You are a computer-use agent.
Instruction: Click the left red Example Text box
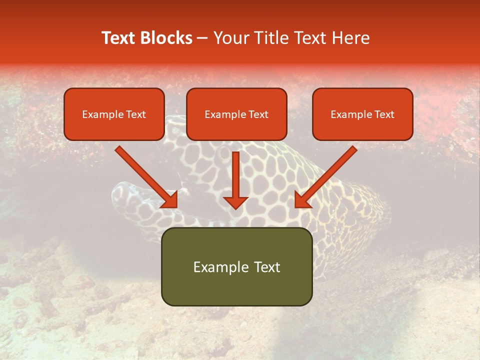[x=114, y=114]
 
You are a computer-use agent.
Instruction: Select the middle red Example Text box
[x=236, y=114]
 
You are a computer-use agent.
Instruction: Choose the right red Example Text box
[x=362, y=114]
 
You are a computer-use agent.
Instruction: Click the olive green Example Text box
[x=236, y=266]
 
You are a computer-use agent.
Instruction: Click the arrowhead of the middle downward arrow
[x=235, y=202]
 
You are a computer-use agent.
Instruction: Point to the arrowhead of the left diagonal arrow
[x=170, y=200]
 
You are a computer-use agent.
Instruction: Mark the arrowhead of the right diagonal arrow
[x=302, y=200]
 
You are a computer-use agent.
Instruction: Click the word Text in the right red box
[x=384, y=114]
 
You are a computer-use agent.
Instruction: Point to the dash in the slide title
[x=202, y=38]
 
